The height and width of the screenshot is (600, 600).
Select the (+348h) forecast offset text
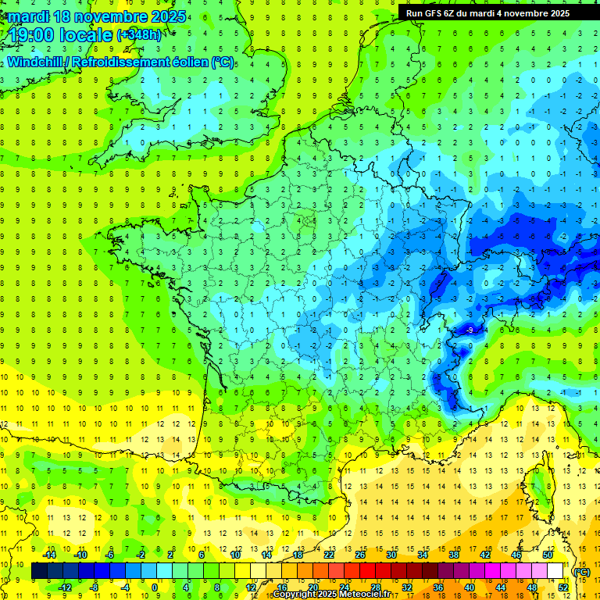pos(141,35)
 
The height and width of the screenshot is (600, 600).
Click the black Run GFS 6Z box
pos(487,12)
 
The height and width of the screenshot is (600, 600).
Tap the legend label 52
pos(562,587)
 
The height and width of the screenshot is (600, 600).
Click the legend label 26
pos(360,554)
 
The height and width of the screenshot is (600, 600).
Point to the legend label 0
pos(154,587)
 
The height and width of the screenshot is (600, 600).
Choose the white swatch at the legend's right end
pos(555,571)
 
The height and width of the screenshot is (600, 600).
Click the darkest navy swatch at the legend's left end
pos(39,571)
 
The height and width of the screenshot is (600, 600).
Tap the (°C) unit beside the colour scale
pos(581,572)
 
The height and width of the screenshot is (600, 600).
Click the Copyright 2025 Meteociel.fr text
pos(331,595)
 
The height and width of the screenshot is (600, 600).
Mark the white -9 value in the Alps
pos(469,330)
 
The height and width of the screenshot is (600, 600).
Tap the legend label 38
pos(453,554)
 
